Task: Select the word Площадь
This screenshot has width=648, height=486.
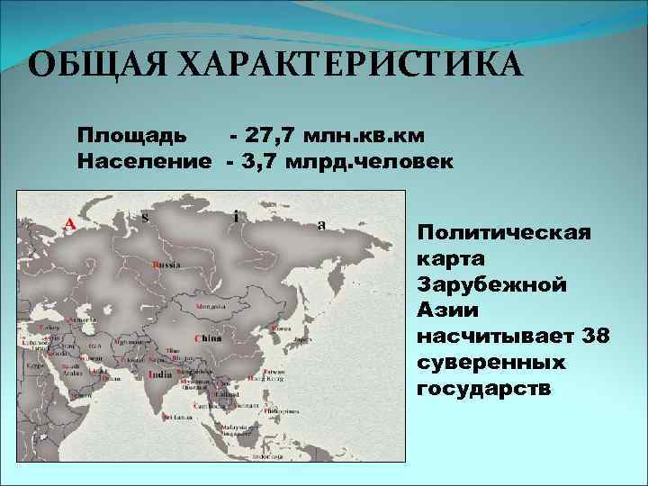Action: [x=132, y=136]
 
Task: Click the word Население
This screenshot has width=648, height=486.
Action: [x=145, y=162]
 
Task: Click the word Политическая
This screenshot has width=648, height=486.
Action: [x=504, y=233]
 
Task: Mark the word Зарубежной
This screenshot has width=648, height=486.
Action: [x=491, y=284]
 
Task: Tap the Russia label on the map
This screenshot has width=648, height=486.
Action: [x=166, y=265]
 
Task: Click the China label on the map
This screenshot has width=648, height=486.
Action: [x=208, y=338]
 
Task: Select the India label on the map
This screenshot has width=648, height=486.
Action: [x=159, y=373]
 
